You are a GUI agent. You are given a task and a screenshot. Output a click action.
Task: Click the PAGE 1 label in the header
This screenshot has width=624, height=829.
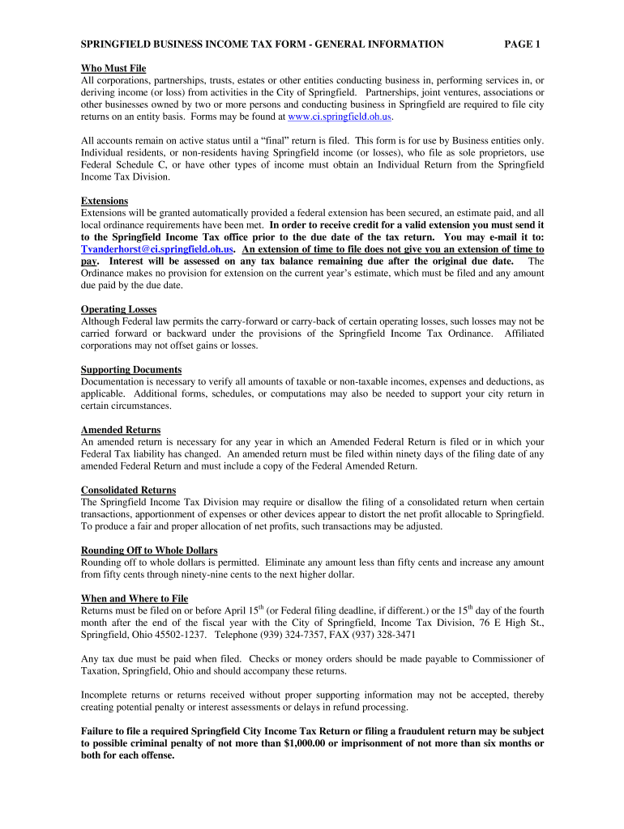click(522, 45)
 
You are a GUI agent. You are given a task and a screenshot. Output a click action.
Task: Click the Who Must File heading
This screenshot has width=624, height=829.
click(113, 69)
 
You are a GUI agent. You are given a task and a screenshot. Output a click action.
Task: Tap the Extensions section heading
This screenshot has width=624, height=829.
click(105, 201)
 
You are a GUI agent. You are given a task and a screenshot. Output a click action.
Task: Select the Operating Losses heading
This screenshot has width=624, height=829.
click(118, 309)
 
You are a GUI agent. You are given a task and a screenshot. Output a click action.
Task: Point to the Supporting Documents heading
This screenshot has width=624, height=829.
click(131, 369)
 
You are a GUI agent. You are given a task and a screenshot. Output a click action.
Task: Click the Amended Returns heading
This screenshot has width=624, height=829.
click(121, 430)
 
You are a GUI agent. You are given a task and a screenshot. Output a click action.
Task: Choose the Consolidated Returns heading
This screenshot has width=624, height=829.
click(128, 490)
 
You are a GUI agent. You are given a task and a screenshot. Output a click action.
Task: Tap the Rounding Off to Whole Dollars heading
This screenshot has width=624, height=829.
click(149, 551)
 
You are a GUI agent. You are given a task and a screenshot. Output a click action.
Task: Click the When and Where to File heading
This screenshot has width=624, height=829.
click(135, 598)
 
